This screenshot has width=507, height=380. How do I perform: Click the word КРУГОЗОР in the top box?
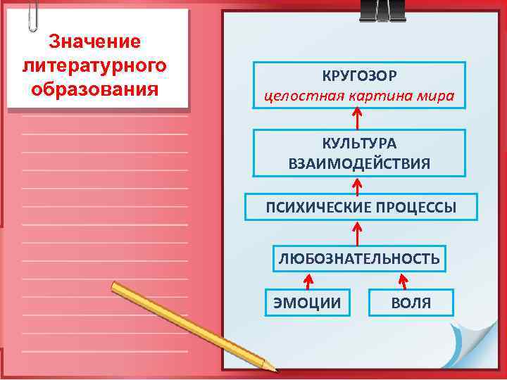point(360,75)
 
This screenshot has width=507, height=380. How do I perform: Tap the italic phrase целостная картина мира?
point(360,95)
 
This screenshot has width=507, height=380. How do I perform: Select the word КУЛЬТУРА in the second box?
point(360,144)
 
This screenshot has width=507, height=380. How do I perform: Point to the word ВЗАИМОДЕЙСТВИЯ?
point(360,164)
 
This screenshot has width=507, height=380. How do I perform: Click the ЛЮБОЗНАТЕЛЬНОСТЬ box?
point(359,259)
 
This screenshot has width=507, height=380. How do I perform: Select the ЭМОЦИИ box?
point(307,303)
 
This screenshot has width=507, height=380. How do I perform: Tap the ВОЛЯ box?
point(411,303)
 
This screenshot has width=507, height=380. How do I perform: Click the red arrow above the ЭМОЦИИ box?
point(308,281)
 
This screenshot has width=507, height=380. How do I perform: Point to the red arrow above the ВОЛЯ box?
point(403,281)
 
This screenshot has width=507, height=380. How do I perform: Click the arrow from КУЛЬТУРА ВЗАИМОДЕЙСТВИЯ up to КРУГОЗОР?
point(358,119)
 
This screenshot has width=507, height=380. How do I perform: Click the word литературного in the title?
point(95,66)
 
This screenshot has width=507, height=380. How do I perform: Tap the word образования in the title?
point(95,90)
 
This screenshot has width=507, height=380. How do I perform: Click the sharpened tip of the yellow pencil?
point(273,367)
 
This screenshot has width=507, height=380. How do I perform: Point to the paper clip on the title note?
point(32,15)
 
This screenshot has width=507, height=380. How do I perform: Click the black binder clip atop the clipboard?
point(382,10)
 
